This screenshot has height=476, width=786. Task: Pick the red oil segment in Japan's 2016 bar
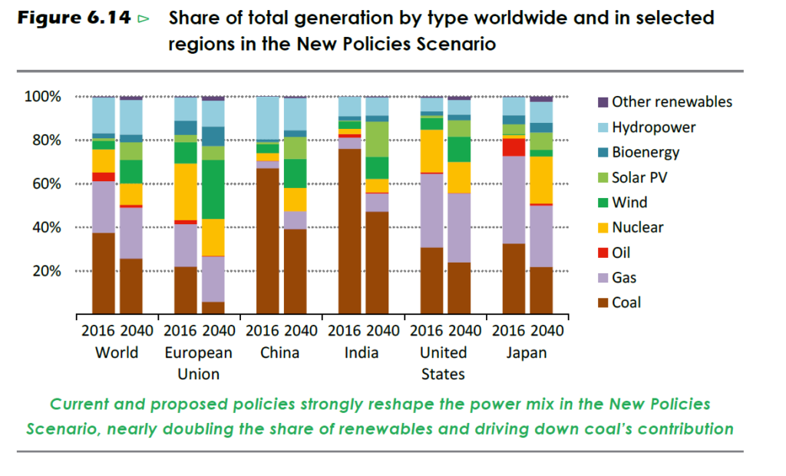[x=514, y=147]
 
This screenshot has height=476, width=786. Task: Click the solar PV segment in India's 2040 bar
[x=377, y=139]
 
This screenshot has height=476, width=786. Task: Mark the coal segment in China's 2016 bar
[x=267, y=241]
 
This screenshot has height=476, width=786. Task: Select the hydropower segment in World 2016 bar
[x=104, y=115]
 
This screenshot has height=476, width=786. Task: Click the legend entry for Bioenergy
[x=645, y=152]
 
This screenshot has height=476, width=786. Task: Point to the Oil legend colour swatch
[x=603, y=253]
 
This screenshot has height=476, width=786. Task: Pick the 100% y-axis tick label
[x=42, y=97]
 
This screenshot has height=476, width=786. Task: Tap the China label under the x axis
[x=281, y=353]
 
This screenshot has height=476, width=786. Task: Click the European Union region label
[x=198, y=363]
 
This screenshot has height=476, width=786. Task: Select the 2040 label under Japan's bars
[x=547, y=331]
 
